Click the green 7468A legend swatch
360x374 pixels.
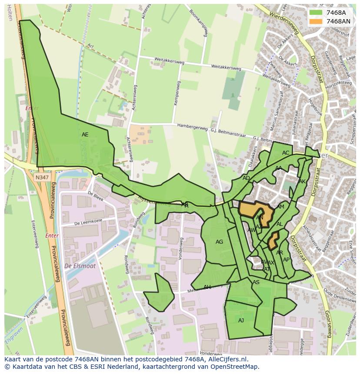pos(316,13)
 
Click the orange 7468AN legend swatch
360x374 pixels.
pos(316,21)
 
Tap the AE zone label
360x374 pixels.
pos(85,135)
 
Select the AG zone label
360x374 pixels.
pos(219,242)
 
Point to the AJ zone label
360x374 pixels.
pos(241,321)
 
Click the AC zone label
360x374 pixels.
pos(286,153)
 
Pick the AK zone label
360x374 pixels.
pos(302,182)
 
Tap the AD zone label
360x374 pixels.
pos(246,178)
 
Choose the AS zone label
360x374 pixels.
pos(256,282)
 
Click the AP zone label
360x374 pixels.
pos(286,260)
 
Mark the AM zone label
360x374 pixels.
pos(280,207)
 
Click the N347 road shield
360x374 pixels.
pos(43,177)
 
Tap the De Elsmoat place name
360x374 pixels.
pos(80,266)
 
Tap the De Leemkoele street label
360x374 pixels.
pos(88,222)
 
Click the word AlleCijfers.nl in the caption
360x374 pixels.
pos(227,360)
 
